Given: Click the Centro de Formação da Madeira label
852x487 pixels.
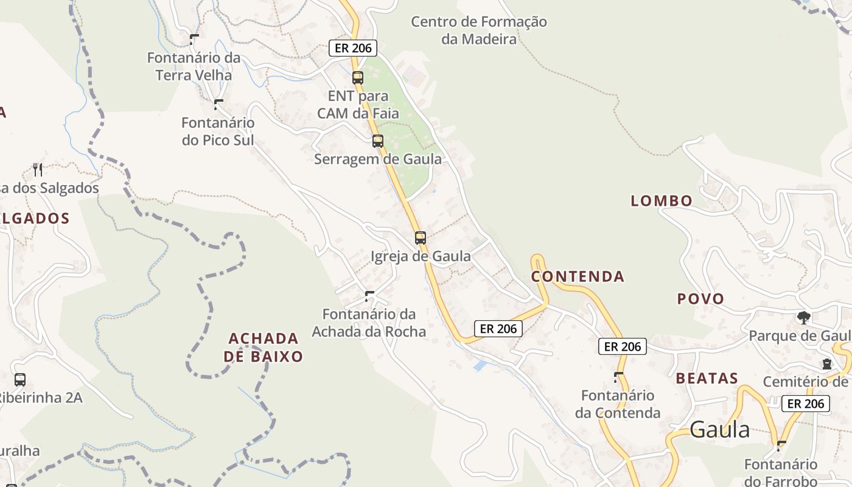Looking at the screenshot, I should tap(478, 30).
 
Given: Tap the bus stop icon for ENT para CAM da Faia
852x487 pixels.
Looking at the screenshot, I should tap(358, 78).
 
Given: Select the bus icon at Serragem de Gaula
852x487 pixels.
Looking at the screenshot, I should tap(378, 141).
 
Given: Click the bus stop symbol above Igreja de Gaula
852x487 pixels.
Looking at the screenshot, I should tap(421, 238).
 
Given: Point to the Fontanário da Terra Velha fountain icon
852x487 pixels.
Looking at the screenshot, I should tap(194, 40).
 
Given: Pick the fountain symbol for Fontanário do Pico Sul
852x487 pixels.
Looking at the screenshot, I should tap(218, 105).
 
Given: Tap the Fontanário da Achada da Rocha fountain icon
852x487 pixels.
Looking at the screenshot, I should tap(369, 296).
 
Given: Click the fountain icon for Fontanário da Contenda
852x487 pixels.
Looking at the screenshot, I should tap(618, 377).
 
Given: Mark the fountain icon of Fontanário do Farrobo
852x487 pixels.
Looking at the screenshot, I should tap(781, 446).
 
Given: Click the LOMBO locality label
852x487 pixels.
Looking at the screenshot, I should tap(662, 201).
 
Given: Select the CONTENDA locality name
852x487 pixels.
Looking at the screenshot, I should tap(578, 276).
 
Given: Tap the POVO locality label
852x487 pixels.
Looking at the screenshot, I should tap(700, 299).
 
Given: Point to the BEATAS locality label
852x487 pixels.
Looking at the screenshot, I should tap(707, 379).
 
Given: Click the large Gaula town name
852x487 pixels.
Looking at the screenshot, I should tap(720, 430).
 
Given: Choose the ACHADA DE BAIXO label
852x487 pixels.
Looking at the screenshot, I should tap(264, 348).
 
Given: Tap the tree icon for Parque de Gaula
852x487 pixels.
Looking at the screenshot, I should tap(804, 318).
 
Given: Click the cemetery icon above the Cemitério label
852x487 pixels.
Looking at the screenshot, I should tap(826, 364).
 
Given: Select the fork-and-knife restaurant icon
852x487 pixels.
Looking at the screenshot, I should tap(38, 169).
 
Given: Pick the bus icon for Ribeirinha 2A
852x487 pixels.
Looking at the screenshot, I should tap(20, 380).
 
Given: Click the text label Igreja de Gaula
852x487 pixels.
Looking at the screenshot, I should tap(421, 256).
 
